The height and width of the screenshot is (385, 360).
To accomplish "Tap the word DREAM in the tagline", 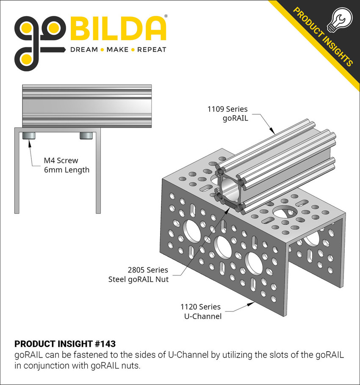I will pyautogui.click(x=83, y=50).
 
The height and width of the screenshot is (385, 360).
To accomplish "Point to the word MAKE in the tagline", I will pyautogui.click(x=118, y=50).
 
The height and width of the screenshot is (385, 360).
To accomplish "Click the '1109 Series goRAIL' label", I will pyautogui.click(x=227, y=113).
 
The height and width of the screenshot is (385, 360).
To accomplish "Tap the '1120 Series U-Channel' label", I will pyautogui.click(x=201, y=311).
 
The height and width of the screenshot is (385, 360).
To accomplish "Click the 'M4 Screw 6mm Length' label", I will pyautogui.click(x=67, y=165).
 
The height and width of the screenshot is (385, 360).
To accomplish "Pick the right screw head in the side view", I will pyautogui.click(x=86, y=135).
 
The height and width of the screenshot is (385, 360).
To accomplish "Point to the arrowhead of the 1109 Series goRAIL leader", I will pyautogui.click(x=274, y=133).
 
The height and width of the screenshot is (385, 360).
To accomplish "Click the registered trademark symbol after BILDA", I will pyautogui.click(x=165, y=16).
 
